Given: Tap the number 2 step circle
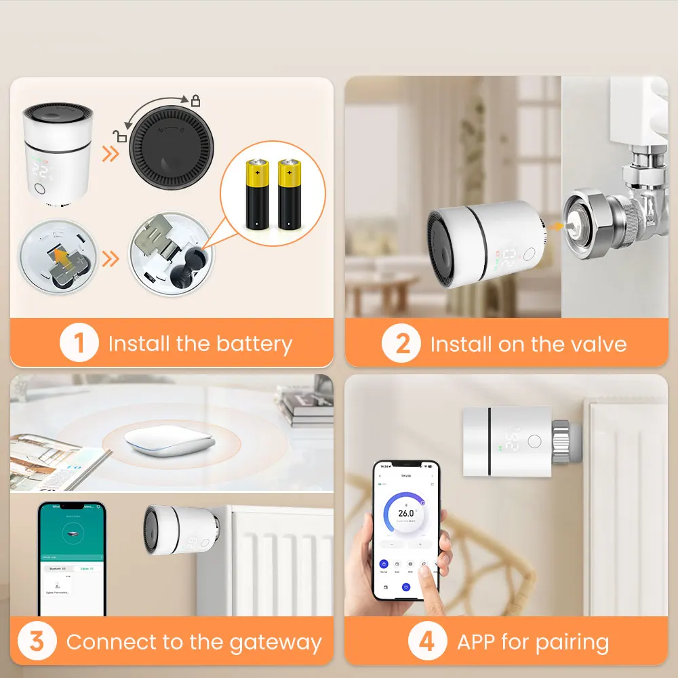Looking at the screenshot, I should (402, 344).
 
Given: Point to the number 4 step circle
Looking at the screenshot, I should (427, 641).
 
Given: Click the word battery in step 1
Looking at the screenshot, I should (254, 344).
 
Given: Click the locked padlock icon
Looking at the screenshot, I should (195, 101).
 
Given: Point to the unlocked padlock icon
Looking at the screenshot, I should (121, 136).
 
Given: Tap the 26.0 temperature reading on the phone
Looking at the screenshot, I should (406, 513).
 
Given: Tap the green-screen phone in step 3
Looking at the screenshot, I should (72, 559).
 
